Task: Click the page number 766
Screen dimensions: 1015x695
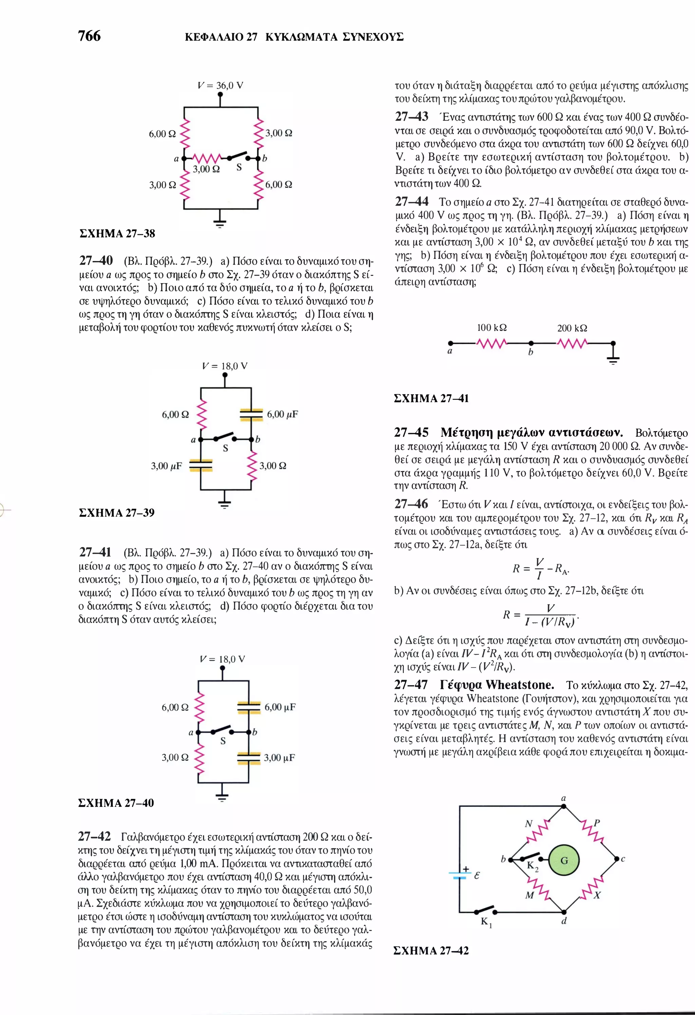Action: [x=89, y=36]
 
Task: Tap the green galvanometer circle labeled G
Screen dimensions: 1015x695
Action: [x=564, y=860]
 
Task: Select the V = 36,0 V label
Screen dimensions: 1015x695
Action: [x=220, y=85]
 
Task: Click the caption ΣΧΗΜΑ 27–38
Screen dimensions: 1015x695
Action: [x=117, y=234]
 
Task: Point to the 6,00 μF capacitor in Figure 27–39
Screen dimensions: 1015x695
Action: [x=251, y=414]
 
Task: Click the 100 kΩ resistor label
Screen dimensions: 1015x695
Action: [x=491, y=327]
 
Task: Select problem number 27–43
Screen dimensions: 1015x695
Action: [x=412, y=117]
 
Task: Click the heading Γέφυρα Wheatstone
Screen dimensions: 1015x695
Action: [x=497, y=684]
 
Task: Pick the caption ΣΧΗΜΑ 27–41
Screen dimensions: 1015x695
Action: [x=431, y=398]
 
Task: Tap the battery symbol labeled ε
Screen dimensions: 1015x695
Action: [x=459, y=875]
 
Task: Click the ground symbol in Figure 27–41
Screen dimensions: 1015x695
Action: [x=613, y=359]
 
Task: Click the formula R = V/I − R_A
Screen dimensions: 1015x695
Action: [x=541, y=569]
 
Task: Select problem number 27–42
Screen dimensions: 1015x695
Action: [x=94, y=837]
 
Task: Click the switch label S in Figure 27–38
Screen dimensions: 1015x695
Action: [x=239, y=167]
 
